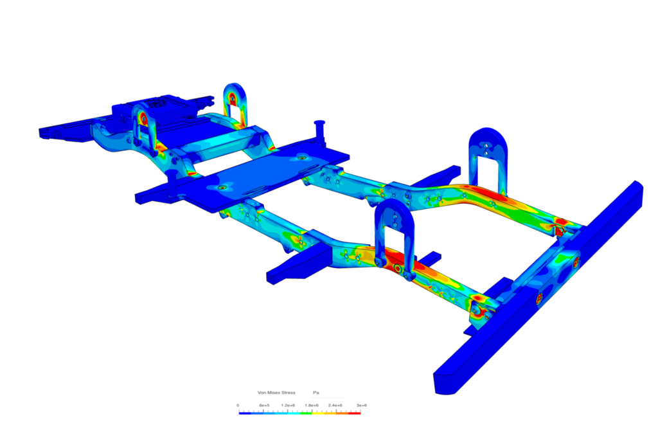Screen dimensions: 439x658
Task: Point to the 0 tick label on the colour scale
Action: point(238,406)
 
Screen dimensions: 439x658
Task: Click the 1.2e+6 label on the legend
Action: point(289,406)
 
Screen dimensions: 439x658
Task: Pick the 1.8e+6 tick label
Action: point(313,406)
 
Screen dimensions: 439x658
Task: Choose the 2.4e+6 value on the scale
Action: point(337,406)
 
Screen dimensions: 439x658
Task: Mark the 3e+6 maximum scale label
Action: point(361,406)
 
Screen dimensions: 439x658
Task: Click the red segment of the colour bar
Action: point(355,412)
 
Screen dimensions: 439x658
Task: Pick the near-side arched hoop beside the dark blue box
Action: point(145,126)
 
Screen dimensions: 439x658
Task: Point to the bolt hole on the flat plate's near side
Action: point(222,187)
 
